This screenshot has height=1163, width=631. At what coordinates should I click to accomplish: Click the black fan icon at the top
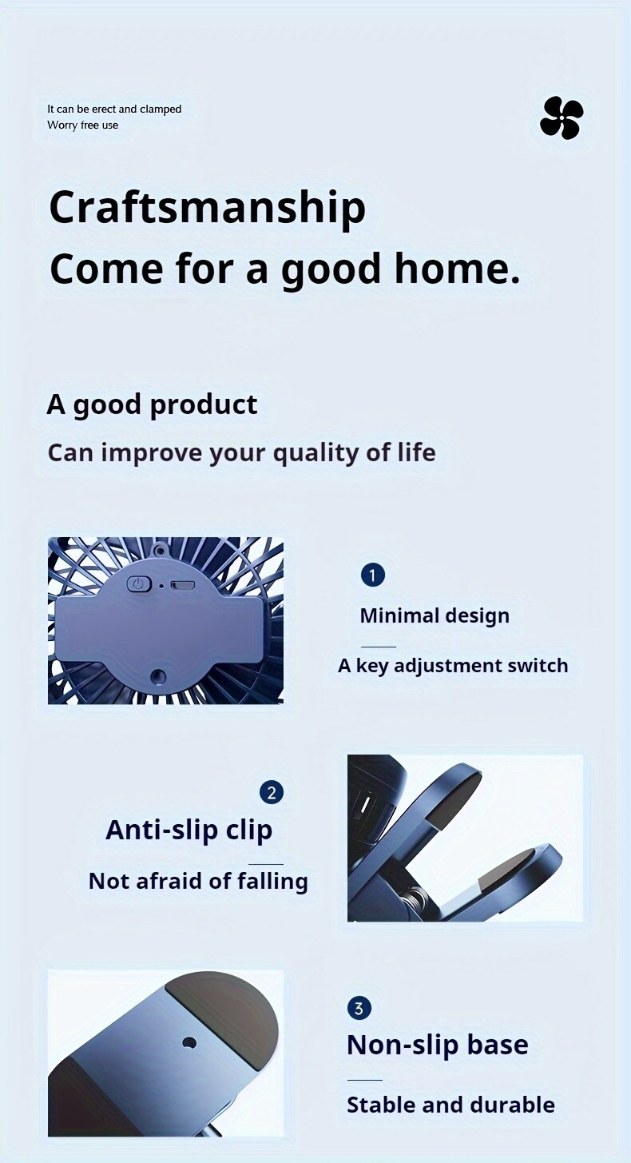(x=562, y=117)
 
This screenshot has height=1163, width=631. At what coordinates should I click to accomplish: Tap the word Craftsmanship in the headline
(x=208, y=207)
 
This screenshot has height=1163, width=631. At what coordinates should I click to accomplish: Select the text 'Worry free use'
(x=82, y=125)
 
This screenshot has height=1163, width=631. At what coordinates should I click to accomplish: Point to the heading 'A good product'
(x=152, y=404)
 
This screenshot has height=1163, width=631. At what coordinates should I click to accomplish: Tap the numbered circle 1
(x=372, y=575)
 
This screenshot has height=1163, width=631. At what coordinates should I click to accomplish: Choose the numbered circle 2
(x=272, y=793)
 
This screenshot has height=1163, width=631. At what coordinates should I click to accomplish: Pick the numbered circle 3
(x=359, y=1009)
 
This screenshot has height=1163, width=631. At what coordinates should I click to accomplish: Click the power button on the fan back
(x=139, y=584)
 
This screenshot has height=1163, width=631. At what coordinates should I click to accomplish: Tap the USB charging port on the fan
(x=183, y=585)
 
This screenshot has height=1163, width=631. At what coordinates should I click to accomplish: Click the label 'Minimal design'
(x=435, y=615)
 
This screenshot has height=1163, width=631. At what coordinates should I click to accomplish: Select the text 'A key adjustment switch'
(x=453, y=666)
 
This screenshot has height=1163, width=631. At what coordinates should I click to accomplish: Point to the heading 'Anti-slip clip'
(x=189, y=830)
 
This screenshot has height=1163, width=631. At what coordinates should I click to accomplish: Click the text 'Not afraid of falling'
(x=198, y=881)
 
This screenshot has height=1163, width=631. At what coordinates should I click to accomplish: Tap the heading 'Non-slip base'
(x=438, y=1045)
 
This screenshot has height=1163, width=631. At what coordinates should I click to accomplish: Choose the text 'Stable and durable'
(x=450, y=1105)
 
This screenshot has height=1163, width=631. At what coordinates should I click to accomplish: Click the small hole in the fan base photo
(x=189, y=1043)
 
